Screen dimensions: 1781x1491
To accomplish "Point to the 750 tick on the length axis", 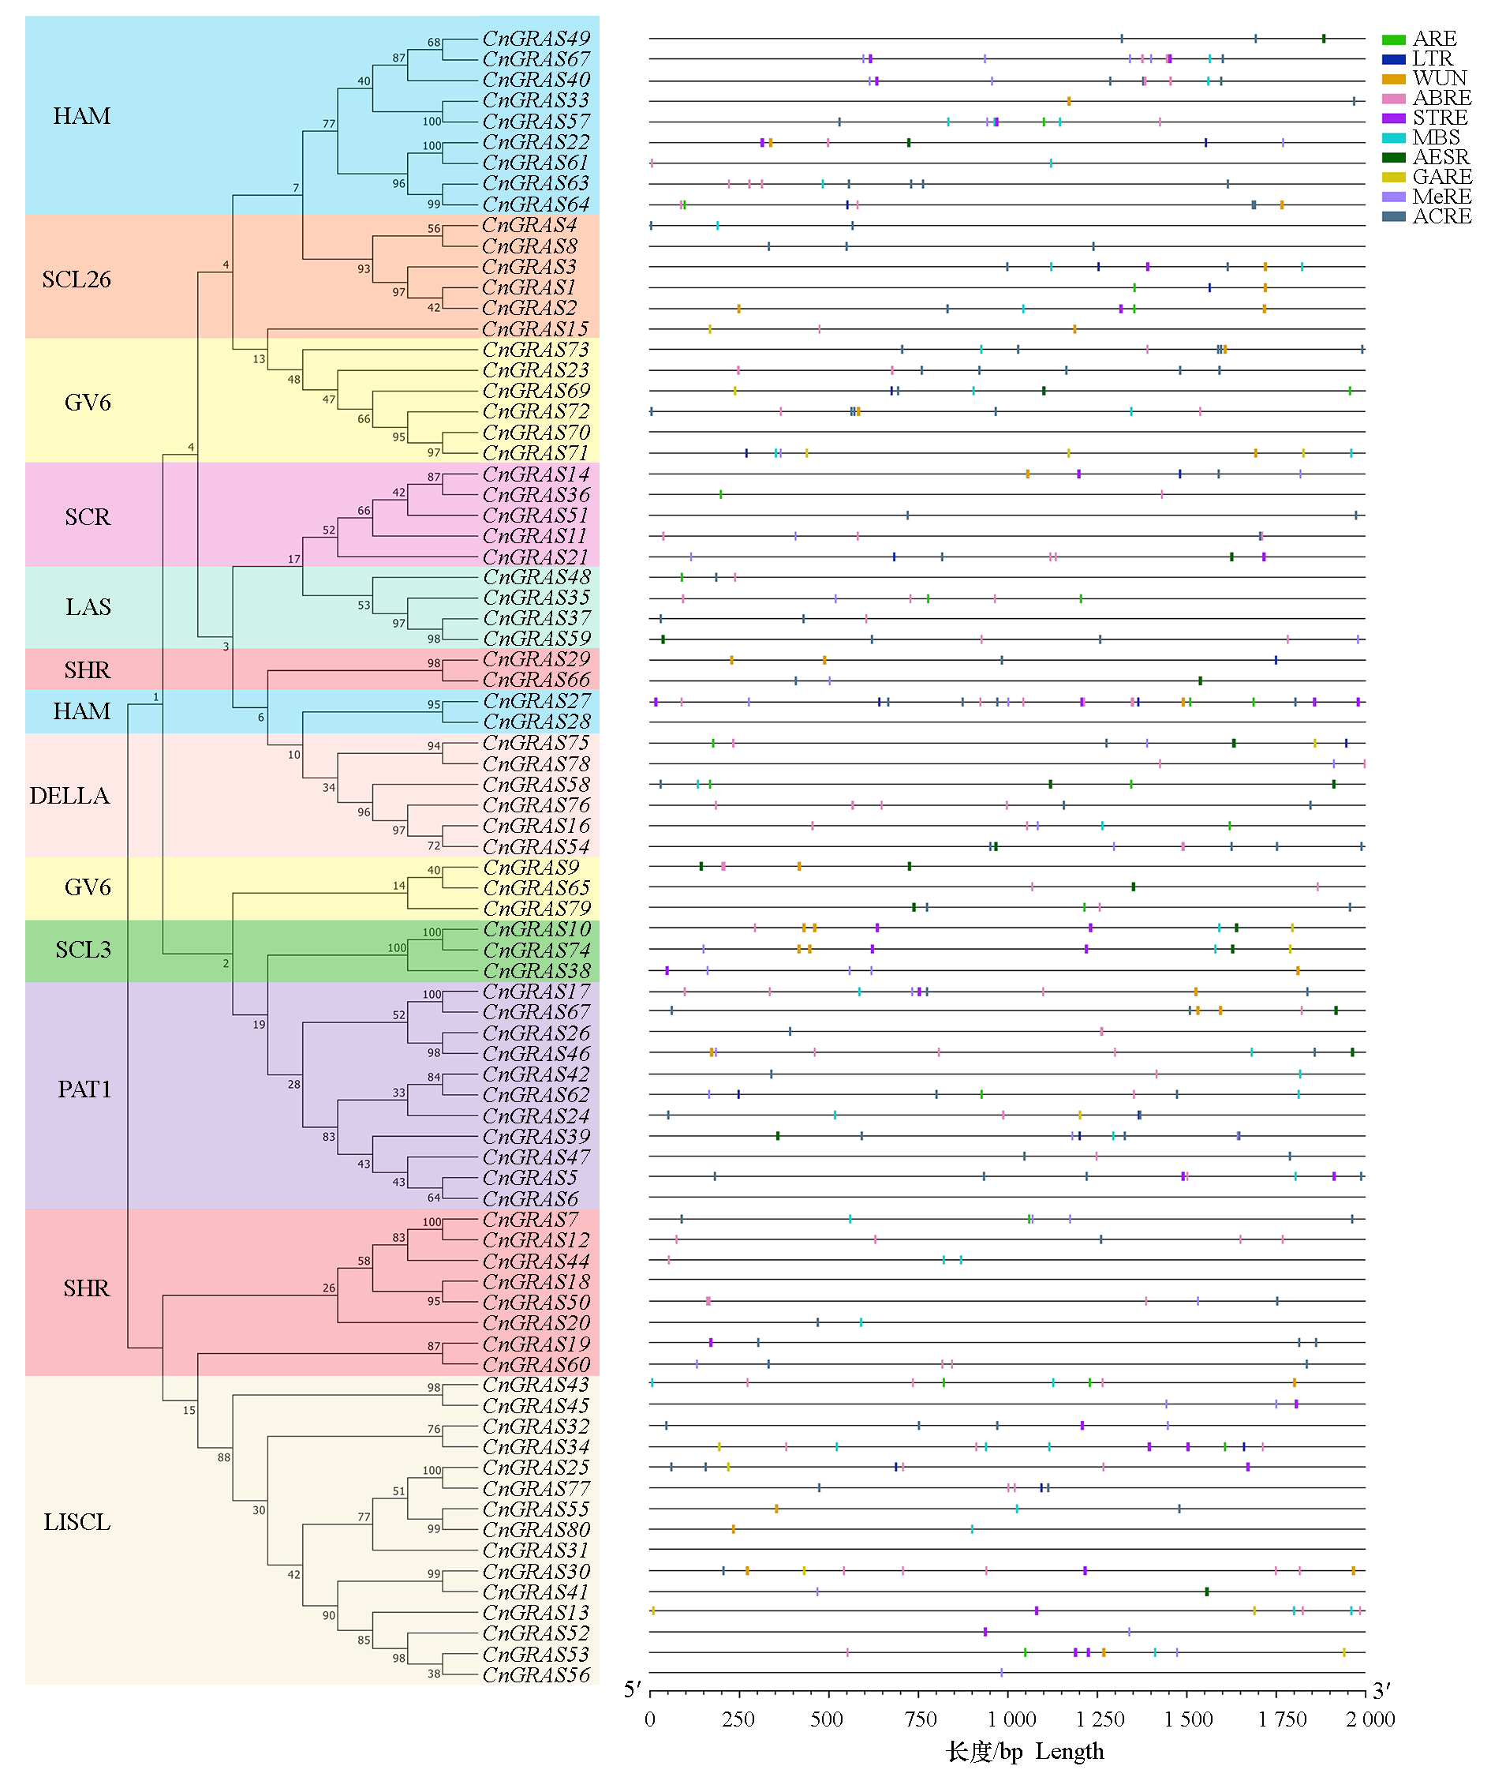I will click(920, 1719).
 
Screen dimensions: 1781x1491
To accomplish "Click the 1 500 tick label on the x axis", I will click(1187, 1719).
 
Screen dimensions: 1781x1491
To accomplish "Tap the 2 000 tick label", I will click(1369, 1719).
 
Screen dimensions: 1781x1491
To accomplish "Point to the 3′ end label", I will click(1381, 1691).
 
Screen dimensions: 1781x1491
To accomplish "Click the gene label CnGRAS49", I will click(535, 39).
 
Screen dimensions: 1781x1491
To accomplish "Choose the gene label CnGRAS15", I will click(535, 329).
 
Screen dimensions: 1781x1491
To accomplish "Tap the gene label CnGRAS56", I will click(535, 1675).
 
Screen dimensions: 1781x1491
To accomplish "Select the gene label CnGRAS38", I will click(536, 971).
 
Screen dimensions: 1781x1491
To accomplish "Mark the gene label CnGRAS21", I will click(535, 557).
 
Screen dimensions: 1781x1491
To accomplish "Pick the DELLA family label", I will click(69, 796).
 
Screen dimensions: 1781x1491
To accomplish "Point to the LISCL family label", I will click(77, 1522).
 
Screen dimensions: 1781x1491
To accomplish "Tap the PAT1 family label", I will click(84, 1089).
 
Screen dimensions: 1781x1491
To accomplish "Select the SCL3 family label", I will click(83, 950).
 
